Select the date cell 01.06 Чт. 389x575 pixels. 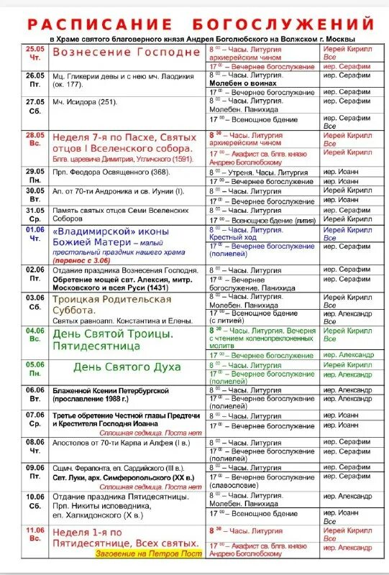[x=35, y=234]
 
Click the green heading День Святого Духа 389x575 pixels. [x=127, y=367]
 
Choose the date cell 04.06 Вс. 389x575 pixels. [x=35, y=335]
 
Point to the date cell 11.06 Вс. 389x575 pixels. [x=35, y=533]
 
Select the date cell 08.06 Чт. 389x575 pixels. [x=35, y=446]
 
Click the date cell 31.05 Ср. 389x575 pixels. [x=35, y=214]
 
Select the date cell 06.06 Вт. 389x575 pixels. [x=35, y=394]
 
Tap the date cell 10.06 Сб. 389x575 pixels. [x=35, y=500]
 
